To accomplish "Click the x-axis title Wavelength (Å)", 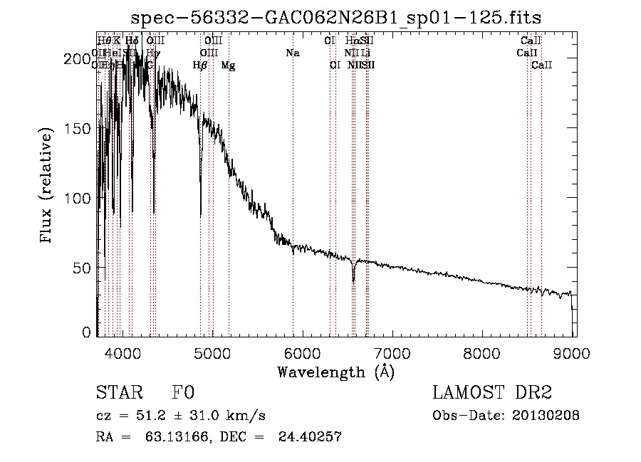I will tap(335, 371).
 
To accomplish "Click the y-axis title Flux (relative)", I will tap(47, 187).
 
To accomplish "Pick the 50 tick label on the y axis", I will tap(84, 267).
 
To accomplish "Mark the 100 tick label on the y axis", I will tap(80, 198).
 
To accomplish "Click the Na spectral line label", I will tap(293, 53).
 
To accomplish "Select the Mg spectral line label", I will tap(228, 65).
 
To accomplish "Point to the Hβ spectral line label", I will tap(200, 65).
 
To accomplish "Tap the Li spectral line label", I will tap(365, 53).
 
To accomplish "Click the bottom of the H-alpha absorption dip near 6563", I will tap(353, 281).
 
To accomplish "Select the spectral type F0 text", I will tap(183, 394).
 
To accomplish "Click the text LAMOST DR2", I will tap(491, 394).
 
